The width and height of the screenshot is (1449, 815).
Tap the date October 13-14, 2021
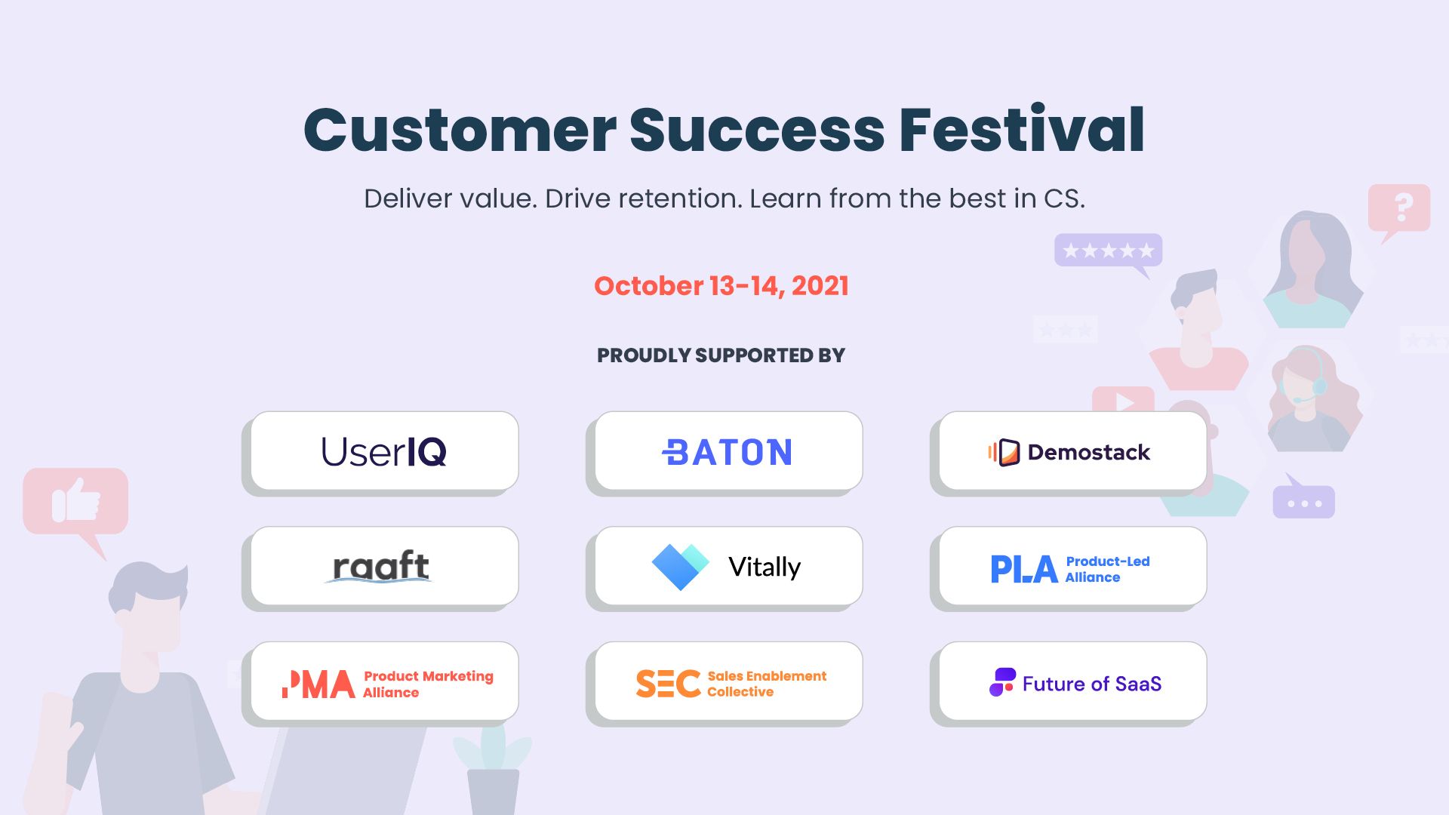721,286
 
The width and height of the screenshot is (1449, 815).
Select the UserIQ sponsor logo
384,451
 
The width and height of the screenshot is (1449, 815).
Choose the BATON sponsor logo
728,452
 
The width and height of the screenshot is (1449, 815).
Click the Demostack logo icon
1004,452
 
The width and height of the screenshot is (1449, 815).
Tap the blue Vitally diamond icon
680,566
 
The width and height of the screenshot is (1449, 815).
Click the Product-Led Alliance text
1107,569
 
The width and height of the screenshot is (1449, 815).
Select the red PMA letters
318,684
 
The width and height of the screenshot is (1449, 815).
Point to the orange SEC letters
668,684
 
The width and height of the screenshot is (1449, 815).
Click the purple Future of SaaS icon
1002,682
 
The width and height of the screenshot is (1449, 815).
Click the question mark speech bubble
1398,211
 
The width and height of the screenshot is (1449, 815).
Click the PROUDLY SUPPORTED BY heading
721,355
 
